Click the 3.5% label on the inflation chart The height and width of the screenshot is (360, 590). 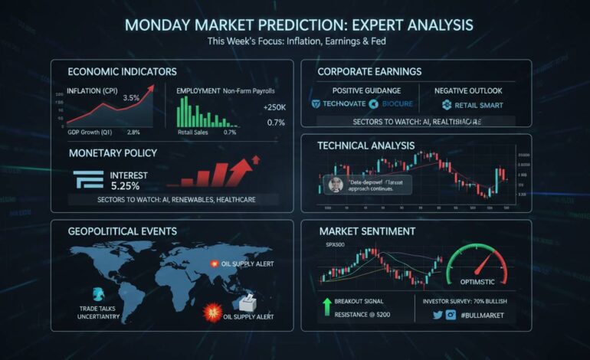point(131,97)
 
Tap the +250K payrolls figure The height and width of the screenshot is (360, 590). point(274,107)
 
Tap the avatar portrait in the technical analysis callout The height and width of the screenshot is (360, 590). point(335,185)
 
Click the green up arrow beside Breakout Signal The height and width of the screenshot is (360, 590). point(326,307)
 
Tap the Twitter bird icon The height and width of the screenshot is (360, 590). point(438,315)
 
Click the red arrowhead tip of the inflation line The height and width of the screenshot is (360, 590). point(151,89)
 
